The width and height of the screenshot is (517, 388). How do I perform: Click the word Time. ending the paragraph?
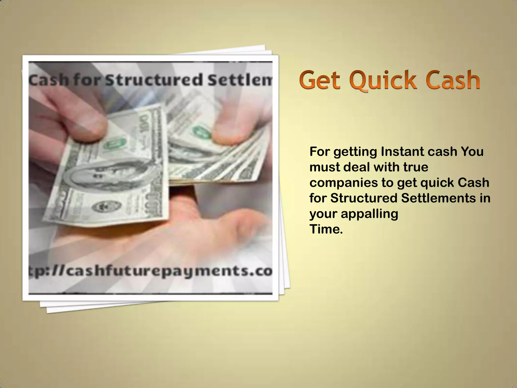(326, 229)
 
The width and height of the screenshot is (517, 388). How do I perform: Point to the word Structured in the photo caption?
(154, 80)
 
